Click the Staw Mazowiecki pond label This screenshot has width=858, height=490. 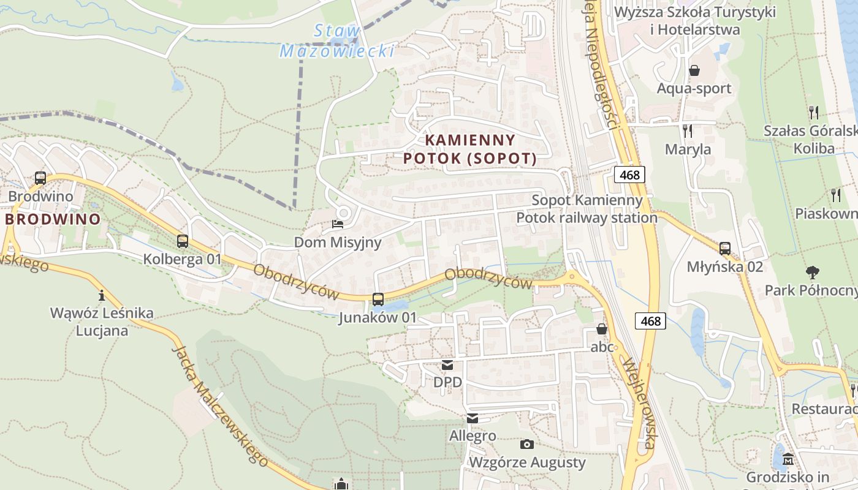click(x=336, y=41)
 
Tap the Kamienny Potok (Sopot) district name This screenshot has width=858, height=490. click(x=469, y=149)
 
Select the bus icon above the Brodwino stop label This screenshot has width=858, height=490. click(x=40, y=178)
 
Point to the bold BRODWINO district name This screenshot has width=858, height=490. click(x=53, y=219)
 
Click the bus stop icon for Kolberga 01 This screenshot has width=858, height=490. click(x=182, y=241)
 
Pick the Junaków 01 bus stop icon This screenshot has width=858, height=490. click(x=378, y=300)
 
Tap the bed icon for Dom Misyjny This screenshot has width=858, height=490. click(x=338, y=224)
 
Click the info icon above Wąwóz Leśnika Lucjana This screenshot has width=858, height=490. click(x=102, y=295)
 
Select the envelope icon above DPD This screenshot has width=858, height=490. click(x=448, y=366)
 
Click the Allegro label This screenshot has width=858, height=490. click(x=473, y=436)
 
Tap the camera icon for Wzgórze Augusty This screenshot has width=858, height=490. click(x=526, y=444)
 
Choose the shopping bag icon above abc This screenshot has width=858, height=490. click(x=602, y=329)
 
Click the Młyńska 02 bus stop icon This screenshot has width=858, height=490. click(x=725, y=248)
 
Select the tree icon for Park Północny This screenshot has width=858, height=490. click(x=813, y=271)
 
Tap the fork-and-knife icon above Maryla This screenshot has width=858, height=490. click(x=688, y=130)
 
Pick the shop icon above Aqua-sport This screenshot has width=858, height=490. click(x=694, y=70)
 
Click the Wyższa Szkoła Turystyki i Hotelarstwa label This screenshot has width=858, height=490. click(x=695, y=21)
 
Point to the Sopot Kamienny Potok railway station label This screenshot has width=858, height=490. click(x=587, y=209)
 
